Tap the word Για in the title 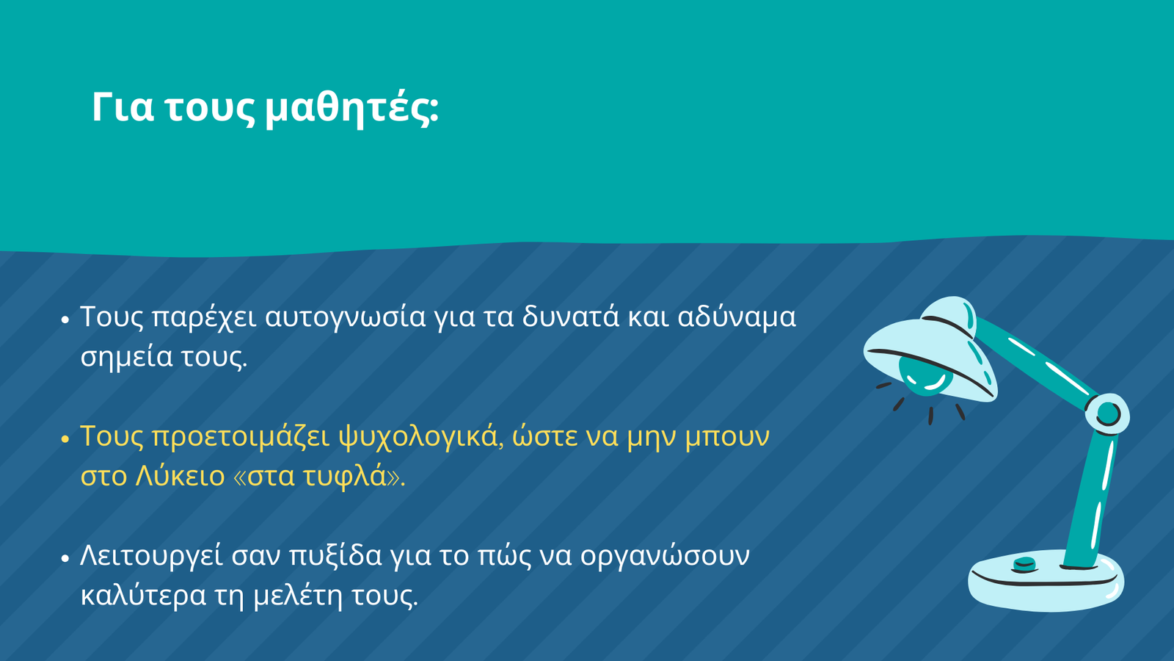[x=123, y=108]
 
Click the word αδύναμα [x=737, y=317]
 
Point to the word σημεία [x=126, y=358]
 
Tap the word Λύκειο [x=180, y=476]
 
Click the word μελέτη [x=298, y=596]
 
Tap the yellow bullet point [x=65, y=438]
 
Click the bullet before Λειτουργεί [x=65, y=557]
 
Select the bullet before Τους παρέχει [x=65, y=319]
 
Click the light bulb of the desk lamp [x=925, y=375]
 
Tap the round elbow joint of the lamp [x=1107, y=414]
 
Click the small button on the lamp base [x=1024, y=565]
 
